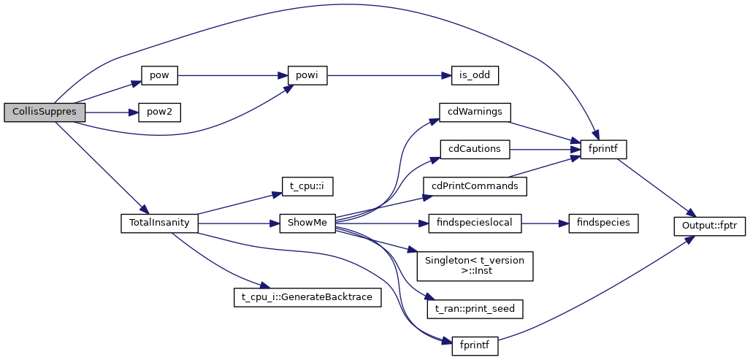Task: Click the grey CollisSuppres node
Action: click(45, 112)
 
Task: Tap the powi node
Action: click(307, 74)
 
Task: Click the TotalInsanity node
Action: click(159, 223)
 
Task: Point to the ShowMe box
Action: click(307, 223)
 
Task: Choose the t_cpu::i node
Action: click(307, 186)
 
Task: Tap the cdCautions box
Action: click(475, 149)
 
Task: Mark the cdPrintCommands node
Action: click(475, 186)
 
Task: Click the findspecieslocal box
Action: click(475, 223)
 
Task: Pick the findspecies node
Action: click(604, 223)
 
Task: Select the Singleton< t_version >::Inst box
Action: click(475, 266)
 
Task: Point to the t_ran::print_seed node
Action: click(475, 309)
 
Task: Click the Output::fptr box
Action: click(709, 226)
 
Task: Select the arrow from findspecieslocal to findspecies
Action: click(545, 223)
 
